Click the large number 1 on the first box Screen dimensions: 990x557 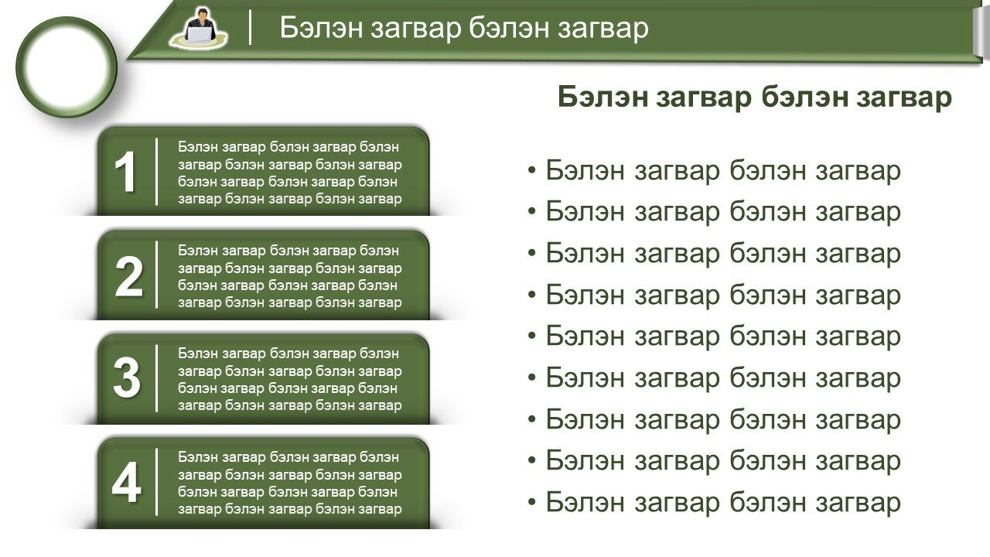coord(125,172)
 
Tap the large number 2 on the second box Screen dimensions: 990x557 coord(128,276)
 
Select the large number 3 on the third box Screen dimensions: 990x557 coord(127,378)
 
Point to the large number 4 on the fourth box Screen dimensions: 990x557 coord(126,482)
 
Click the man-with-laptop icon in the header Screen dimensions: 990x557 coord(198,27)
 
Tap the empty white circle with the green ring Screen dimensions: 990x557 coord(67,67)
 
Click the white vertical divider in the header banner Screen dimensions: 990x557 coord(250,27)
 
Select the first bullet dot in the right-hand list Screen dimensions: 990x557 coord(531,170)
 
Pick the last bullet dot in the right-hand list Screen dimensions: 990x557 coord(531,502)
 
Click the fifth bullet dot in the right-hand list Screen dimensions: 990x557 coord(531,336)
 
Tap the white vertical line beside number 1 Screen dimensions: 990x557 coord(156,172)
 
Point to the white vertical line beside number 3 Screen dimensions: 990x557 coord(156,378)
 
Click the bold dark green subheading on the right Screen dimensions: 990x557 coord(754,97)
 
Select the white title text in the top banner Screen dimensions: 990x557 coord(464,27)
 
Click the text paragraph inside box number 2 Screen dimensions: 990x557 coord(289,276)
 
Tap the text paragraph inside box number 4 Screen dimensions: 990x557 coord(289,483)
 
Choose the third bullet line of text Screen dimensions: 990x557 coord(723,254)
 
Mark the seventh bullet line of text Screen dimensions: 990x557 coord(723,419)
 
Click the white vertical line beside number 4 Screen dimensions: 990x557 coord(156,482)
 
